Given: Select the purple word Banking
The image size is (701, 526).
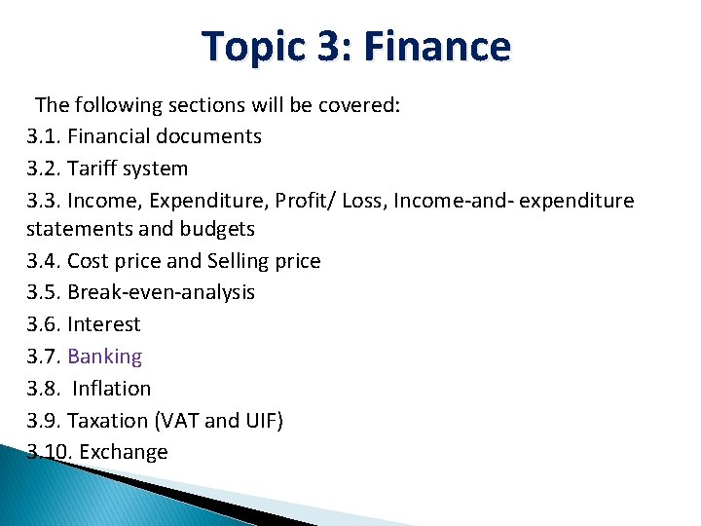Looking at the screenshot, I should point(104,357).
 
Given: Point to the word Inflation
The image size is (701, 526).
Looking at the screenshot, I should point(112,388).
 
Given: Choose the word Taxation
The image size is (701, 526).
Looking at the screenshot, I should point(109,420).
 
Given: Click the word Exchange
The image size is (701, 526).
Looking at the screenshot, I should point(124,451).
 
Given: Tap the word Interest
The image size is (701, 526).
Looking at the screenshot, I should point(103,324).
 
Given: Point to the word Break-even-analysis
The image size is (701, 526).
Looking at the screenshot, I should point(161,292).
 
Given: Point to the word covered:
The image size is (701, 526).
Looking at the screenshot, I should point(359,105).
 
